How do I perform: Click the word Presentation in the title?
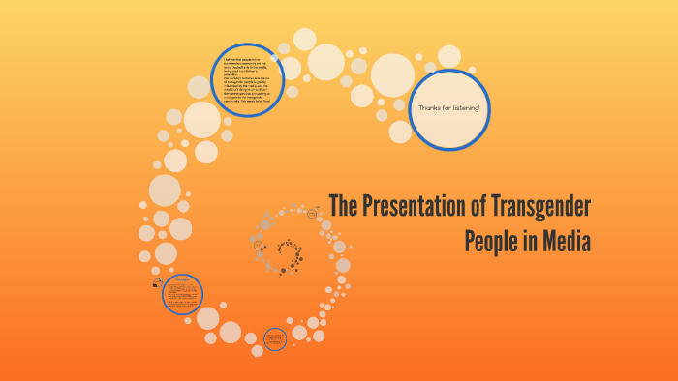coord(414,207)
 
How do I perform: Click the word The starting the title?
coord(344,207)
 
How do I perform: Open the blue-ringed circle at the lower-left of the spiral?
coord(181,294)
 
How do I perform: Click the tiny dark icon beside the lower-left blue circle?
coord(155,283)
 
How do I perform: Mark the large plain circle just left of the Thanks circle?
coord(392,74)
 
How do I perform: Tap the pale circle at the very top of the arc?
coord(304,40)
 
